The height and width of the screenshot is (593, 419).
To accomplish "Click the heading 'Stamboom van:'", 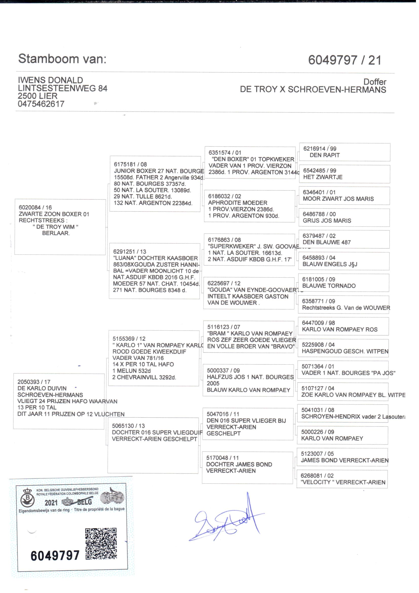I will tap(62, 59).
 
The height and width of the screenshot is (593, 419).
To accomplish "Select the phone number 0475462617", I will tap(41, 104).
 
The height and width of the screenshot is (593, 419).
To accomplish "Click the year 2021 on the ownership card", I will tap(51, 503).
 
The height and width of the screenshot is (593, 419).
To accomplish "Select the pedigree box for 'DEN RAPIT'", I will tap(344, 152).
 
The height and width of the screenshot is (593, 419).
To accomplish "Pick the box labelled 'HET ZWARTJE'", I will tap(344, 174).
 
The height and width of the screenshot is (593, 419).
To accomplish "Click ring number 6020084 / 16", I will tap(35, 208).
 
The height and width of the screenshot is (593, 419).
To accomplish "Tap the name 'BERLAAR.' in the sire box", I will tap(56, 233).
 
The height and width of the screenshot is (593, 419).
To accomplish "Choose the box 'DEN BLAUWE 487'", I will tap(344, 239).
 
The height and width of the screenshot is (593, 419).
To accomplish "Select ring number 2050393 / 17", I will tap(34, 382).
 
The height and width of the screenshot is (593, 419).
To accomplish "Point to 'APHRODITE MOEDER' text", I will tap(238, 203).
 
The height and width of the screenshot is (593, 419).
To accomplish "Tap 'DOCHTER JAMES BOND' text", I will tap(239, 464).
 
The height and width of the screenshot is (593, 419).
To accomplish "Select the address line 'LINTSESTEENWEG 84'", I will tap(62, 88).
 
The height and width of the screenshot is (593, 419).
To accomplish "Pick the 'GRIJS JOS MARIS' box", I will tap(344, 217).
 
